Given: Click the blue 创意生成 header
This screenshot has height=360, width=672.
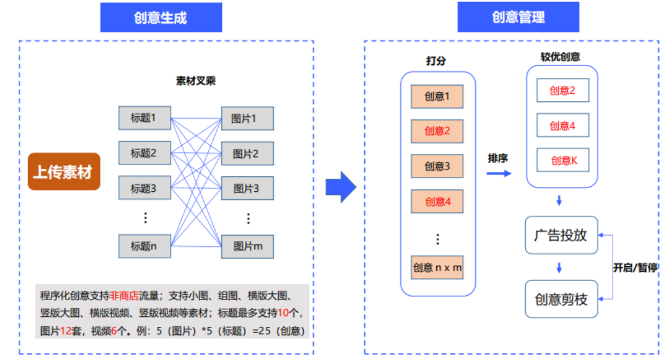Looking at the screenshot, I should [x=161, y=17].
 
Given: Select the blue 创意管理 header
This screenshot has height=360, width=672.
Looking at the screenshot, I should [x=518, y=17].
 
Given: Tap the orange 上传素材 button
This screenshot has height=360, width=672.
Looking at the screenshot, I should [x=64, y=172].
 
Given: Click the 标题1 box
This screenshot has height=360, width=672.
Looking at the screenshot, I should [x=144, y=118].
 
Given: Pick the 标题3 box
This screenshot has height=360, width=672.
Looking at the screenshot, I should [x=144, y=188].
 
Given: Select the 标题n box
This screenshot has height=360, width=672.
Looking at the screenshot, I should [x=144, y=246].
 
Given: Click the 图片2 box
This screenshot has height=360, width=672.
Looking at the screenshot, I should [x=247, y=153].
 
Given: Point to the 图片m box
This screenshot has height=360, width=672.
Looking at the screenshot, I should [x=247, y=246].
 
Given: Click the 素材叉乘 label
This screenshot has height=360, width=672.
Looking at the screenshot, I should [x=196, y=81].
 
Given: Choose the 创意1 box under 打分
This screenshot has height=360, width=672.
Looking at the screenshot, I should [x=437, y=96].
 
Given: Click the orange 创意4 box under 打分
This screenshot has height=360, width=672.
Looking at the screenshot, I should [x=437, y=201].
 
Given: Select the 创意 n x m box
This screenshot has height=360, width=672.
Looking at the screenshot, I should [x=437, y=267].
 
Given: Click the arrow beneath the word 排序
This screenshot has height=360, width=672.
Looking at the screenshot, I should [x=498, y=172].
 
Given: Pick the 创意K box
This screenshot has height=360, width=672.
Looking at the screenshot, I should [x=563, y=161].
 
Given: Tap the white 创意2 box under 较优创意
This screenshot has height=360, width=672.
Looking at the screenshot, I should [x=563, y=91].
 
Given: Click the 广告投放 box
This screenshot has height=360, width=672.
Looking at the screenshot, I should [x=561, y=235].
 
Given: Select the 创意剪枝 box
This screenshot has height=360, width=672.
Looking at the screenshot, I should [x=561, y=299].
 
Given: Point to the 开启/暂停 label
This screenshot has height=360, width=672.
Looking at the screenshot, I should [x=635, y=267].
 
